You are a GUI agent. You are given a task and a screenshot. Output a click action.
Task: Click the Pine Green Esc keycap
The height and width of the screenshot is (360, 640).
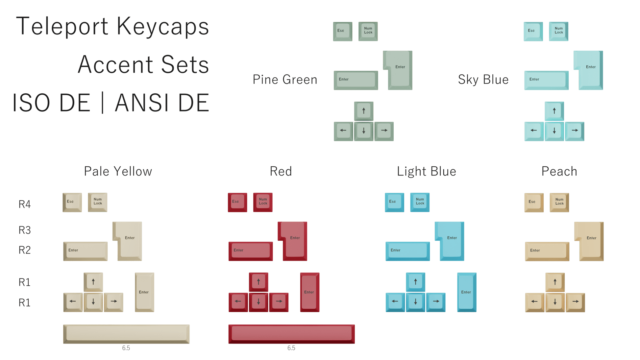pyautogui.click(x=342, y=31)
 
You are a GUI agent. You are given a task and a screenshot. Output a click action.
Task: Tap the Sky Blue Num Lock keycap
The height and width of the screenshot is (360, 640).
pyautogui.click(x=558, y=31)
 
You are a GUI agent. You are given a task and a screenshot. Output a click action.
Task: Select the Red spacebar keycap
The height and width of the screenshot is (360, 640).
pyautogui.click(x=291, y=334)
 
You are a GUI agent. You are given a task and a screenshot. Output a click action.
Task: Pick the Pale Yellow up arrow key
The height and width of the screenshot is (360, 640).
pyautogui.click(x=93, y=282)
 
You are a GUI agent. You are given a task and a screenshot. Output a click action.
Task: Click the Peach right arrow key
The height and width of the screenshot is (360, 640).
pyautogui.click(x=575, y=302)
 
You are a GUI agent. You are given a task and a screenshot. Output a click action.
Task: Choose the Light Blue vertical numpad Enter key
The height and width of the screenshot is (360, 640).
pyautogui.click(x=466, y=292)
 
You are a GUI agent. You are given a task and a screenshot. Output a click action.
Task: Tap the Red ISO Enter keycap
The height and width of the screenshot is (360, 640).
pyautogui.click(x=294, y=241)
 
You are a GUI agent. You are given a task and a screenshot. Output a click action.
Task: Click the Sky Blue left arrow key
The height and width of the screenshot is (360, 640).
pyautogui.click(x=534, y=131)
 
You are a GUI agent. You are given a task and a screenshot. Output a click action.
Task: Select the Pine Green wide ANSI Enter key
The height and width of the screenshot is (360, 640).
pyautogui.click(x=356, y=80)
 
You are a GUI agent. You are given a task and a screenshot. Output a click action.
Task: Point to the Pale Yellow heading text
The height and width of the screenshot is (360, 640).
pyautogui.click(x=118, y=171)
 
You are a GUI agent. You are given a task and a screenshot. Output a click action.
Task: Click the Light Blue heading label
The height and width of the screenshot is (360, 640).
pyautogui.click(x=426, y=171)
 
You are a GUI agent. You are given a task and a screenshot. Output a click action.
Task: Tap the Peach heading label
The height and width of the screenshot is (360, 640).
pyautogui.click(x=559, y=171)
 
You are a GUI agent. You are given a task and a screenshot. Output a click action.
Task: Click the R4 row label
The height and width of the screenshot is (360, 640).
pyautogui.click(x=24, y=204)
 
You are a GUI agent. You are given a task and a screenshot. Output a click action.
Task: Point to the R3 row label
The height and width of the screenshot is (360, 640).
pyautogui.click(x=24, y=230)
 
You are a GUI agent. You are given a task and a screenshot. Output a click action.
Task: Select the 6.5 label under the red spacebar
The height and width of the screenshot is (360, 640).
pyautogui.click(x=291, y=348)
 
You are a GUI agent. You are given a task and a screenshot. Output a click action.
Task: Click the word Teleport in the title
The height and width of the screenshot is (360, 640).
pyautogui.click(x=62, y=26)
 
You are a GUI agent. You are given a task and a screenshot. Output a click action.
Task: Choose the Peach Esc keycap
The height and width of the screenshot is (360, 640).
pyautogui.click(x=533, y=202)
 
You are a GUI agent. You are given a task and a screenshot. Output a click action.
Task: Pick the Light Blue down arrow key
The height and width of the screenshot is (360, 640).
pyautogui.click(x=416, y=302)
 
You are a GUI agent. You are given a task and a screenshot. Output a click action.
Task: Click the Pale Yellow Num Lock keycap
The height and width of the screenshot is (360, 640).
pyautogui.click(x=97, y=202)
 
